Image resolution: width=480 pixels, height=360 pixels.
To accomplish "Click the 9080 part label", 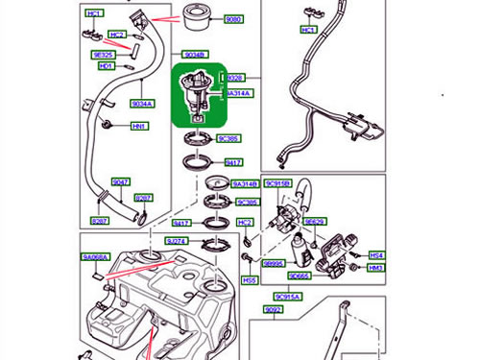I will point(234,19).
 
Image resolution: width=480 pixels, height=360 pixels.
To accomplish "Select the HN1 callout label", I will point(140,126).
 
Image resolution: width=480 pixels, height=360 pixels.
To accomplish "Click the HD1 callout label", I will point(106,66).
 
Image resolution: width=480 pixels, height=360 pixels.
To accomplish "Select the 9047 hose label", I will point(120,181).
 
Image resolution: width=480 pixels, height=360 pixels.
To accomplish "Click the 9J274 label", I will point(176,241).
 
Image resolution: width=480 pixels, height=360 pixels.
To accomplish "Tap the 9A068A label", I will point(96,257).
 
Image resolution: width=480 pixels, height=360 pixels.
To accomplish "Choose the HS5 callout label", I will point(250,280).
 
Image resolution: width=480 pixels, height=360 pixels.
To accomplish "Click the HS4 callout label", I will point(376,256).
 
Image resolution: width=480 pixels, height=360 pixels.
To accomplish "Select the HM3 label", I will point(376,268).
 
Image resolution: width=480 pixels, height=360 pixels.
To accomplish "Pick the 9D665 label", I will point(299,275).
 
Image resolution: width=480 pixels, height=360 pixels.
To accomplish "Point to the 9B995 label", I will point(274,262).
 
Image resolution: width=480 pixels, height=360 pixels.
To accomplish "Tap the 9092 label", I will point(275,310).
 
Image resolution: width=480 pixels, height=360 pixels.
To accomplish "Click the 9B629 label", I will point(314,222).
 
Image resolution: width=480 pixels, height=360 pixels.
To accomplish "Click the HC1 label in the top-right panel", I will point(308,31).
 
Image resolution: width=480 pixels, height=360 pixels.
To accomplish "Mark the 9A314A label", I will point(238,94).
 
